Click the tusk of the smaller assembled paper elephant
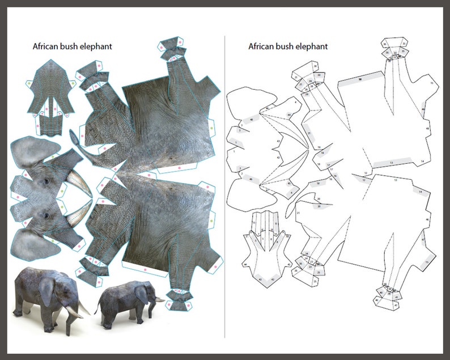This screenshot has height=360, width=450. pos(158,299)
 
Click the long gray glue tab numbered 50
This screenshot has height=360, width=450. pos(359,80)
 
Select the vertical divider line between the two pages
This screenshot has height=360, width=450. pos(225,187)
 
